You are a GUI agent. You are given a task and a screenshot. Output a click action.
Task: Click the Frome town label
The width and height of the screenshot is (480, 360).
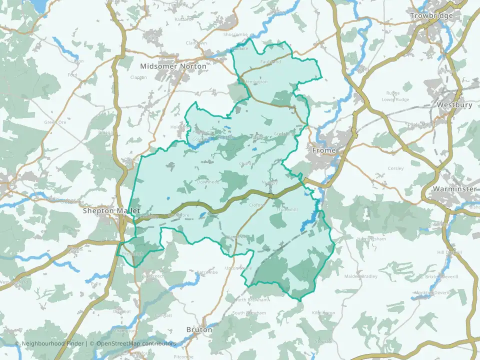[x=323, y=150]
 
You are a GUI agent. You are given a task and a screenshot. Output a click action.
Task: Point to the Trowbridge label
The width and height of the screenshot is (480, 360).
[x=431, y=15]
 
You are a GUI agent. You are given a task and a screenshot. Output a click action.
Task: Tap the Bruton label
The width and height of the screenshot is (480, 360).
[x=199, y=330]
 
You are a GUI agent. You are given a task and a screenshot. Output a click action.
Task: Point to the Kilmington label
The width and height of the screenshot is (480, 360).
[x=323, y=312]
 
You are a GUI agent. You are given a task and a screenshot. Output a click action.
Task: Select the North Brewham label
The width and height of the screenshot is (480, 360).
[x=248, y=300]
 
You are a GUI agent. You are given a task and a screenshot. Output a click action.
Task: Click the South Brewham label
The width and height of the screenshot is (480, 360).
[x=249, y=313]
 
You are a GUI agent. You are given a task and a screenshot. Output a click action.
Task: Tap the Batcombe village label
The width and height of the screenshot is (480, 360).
[x=207, y=272]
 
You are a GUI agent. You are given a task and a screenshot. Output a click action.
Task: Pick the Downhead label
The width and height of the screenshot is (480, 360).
[x=207, y=183]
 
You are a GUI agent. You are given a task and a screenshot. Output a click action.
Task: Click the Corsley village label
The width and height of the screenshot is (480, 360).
[x=395, y=168]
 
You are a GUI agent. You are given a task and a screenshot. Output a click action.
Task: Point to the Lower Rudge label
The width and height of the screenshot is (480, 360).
[x=395, y=99]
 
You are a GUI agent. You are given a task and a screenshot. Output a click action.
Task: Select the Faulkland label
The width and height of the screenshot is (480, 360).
[x=270, y=62]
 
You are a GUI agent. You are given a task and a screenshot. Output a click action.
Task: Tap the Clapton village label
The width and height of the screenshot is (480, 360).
[x=138, y=77]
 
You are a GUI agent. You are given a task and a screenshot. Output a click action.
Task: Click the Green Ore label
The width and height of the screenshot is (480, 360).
[x=55, y=122]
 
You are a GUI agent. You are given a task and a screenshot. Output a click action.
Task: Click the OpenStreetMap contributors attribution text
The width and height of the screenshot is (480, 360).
[x=136, y=343]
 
